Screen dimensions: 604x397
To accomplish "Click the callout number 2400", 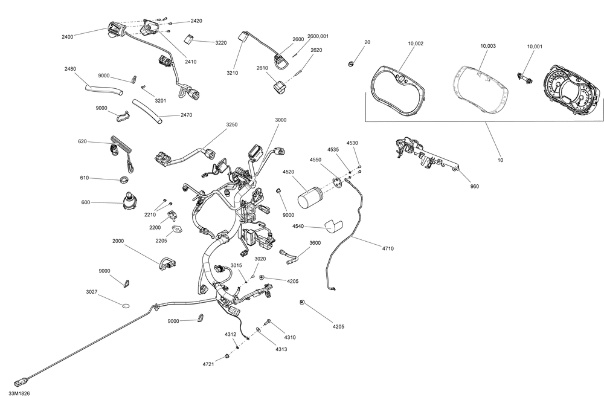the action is pos(67,37).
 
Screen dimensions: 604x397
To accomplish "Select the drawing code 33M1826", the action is pos(19,393).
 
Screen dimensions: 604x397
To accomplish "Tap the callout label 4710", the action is pos(388,248).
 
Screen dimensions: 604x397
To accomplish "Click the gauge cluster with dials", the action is pos(571,91).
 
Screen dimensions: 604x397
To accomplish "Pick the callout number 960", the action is pos(475,187).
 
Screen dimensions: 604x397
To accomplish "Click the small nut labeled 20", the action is pos(350,63).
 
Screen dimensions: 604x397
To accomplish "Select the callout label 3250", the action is pos(231,125).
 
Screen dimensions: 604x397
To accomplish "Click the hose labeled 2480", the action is pos(104,90).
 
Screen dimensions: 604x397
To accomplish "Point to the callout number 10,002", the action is pos(416,44).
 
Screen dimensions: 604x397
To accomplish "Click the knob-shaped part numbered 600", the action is pos(129,202).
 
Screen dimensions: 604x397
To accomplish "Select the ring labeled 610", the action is pos(124,179).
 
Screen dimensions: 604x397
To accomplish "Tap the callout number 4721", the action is pos(208,364).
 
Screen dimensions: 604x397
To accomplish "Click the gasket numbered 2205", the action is pos(177,230).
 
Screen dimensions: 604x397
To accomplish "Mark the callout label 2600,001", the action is pos(318,36).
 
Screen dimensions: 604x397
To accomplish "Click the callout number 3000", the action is pos(281,120).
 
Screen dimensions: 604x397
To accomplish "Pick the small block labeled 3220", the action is pos(188,39).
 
